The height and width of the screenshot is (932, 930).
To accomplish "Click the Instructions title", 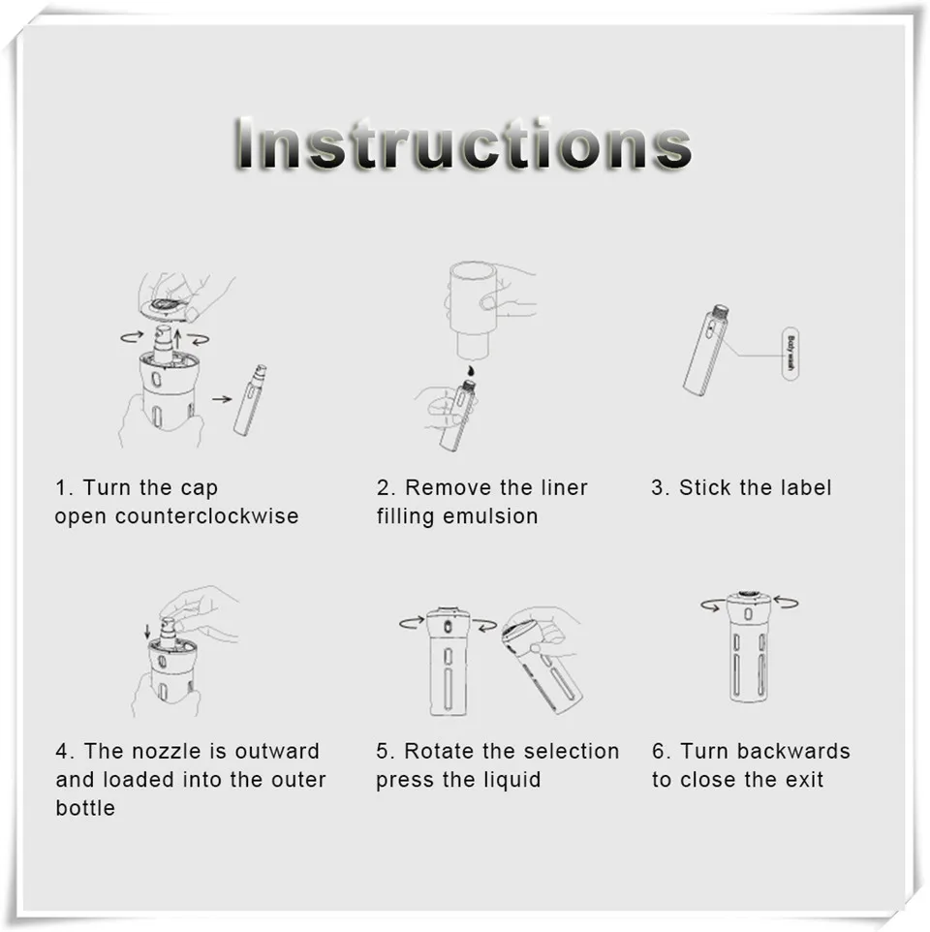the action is point(463,143).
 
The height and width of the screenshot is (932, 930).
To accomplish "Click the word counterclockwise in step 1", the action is point(206,516).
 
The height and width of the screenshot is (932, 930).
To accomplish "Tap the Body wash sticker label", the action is point(790,353).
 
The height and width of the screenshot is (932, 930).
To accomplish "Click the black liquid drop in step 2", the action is point(471,371).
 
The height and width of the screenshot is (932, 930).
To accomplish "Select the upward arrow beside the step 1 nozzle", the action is point(177,339).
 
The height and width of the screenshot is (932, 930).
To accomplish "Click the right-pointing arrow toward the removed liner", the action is point(222,399).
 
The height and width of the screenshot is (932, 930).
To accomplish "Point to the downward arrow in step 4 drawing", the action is point(147,633).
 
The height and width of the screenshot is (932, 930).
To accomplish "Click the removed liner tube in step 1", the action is point(250,400).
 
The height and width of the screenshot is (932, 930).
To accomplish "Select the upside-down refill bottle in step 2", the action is point(473,310).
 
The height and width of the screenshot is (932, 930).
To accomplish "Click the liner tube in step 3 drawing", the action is point(706,350).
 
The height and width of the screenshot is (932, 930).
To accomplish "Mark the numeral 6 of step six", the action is point(658,751).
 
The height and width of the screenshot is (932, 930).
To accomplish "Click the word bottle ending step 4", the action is point(85,808).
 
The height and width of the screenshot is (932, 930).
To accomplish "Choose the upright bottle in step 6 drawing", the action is point(749,647).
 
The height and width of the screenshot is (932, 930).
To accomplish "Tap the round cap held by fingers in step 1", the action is point(168,307).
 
